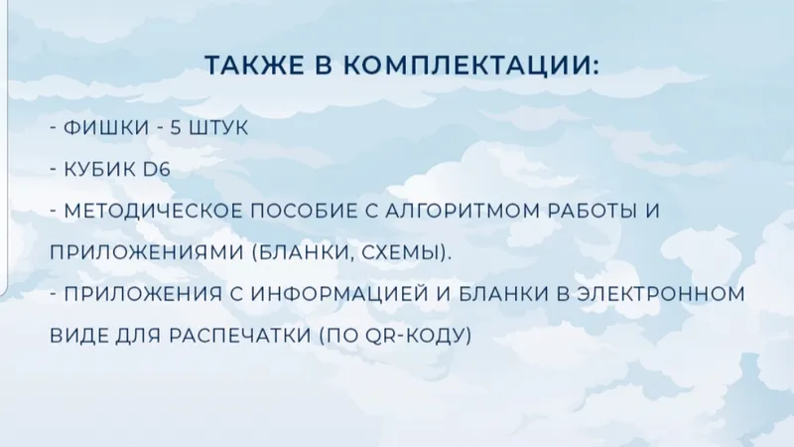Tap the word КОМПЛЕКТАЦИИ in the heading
(x=466, y=67)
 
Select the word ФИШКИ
(x=106, y=128)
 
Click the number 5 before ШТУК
(x=176, y=128)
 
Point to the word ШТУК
(x=218, y=128)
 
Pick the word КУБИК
(x=100, y=169)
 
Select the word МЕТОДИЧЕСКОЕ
(x=154, y=211)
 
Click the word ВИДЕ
(x=78, y=336)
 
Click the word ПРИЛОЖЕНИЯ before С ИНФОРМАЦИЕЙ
(x=143, y=294)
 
